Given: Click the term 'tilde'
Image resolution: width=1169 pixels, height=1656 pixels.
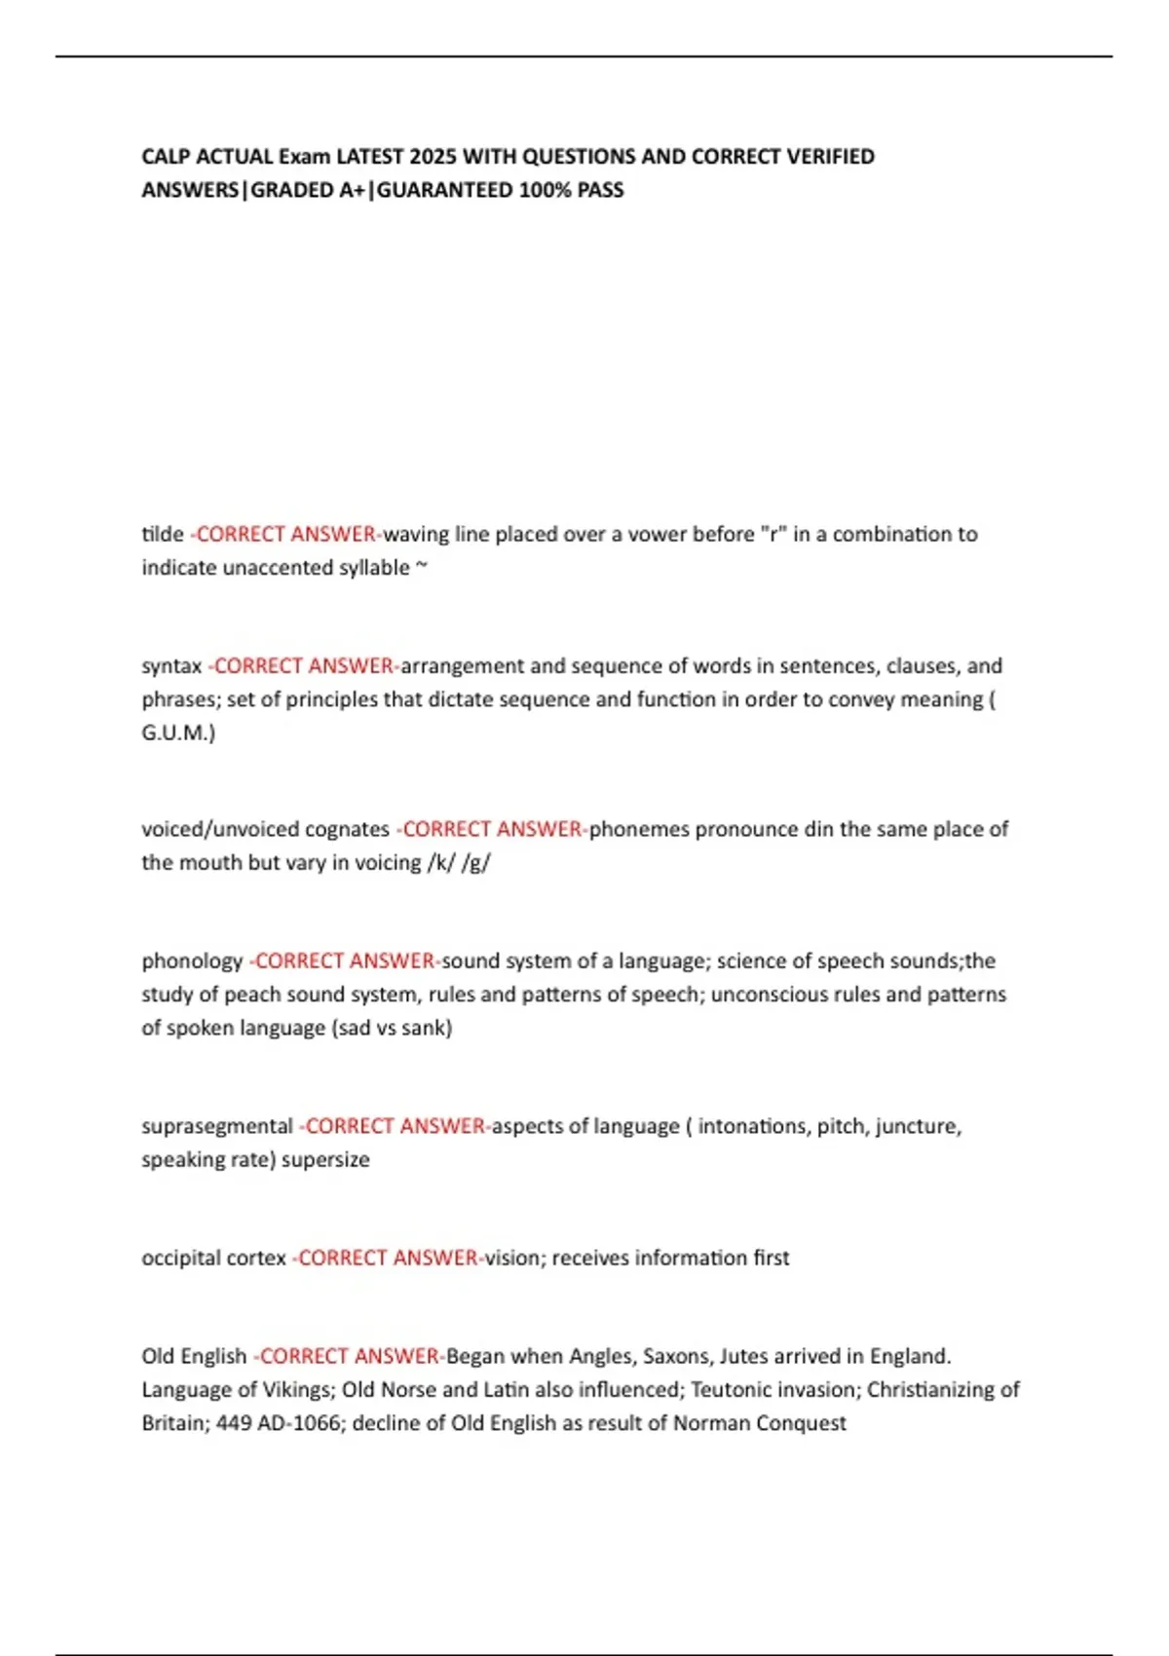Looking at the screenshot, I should [163, 534].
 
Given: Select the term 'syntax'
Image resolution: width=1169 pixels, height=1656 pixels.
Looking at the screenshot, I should [171, 666].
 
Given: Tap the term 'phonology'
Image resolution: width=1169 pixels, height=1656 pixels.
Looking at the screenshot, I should [192, 961].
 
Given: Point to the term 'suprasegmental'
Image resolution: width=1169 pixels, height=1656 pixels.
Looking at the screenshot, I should [216, 1126].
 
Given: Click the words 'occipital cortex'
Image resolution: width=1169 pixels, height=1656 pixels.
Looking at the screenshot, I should [213, 1258].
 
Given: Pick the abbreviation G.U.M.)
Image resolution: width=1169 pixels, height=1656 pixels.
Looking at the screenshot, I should [178, 733].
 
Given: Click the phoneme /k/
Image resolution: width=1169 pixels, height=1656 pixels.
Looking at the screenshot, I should [440, 863].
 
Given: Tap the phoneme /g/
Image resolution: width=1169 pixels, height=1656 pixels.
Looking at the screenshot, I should [476, 863].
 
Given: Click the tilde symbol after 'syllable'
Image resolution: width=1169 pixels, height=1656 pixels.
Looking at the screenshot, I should [422, 567].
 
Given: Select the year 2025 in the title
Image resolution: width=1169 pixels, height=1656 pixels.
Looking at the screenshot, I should [433, 157].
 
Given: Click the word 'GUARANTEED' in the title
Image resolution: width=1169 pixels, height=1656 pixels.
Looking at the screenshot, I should [444, 190].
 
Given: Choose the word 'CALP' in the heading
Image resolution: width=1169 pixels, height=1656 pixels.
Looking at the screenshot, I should [166, 157].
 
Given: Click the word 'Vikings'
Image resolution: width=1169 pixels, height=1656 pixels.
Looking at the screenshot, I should [298, 1389].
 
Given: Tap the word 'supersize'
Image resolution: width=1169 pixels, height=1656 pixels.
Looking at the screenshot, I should [325, 1159].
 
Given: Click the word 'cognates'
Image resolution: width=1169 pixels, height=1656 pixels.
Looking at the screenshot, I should [347, 830].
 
